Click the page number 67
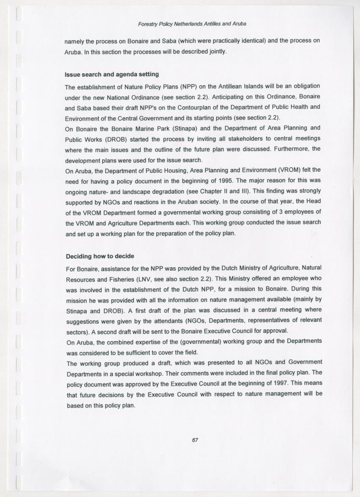195,440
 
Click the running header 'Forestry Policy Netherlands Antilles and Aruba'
192,24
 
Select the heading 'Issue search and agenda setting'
111,75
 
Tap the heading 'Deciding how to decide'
100,257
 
